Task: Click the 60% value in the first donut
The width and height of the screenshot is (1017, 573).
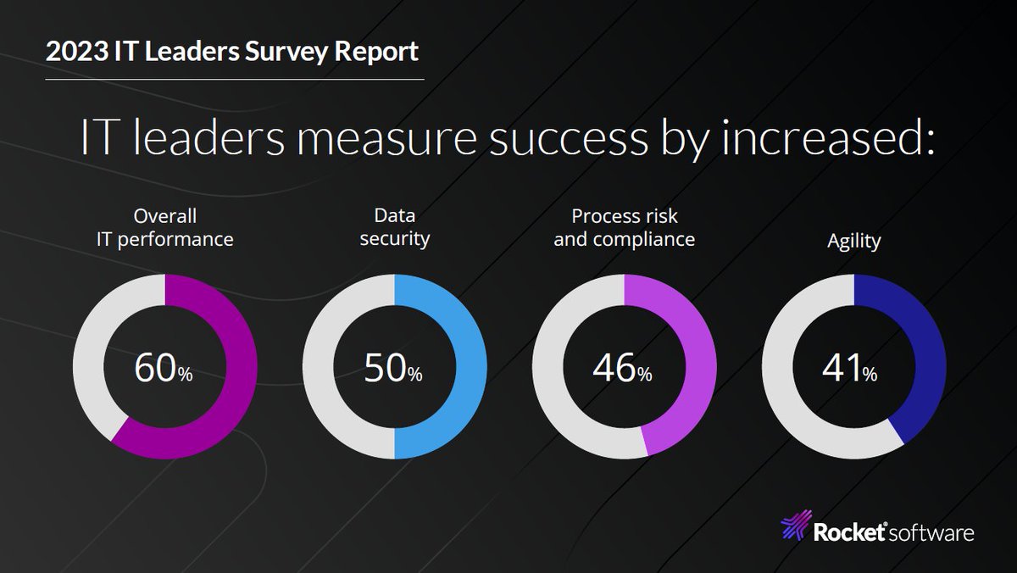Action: (x=164, y=370)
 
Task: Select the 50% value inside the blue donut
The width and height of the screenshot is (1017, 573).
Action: (x=393, y=370)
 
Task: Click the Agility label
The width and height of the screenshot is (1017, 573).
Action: (x=853, y=242)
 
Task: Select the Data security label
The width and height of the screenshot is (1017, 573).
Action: (x=394, y=227)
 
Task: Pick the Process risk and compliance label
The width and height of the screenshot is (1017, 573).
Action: (x=624, y=227)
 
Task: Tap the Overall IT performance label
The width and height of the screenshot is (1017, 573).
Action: (x=164, y=227)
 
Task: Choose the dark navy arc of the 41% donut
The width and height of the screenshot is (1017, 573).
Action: (x=928, y=356)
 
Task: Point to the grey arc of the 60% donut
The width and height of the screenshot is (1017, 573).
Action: (x=88, y=356)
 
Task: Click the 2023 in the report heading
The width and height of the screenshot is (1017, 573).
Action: (x=75, y=52)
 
